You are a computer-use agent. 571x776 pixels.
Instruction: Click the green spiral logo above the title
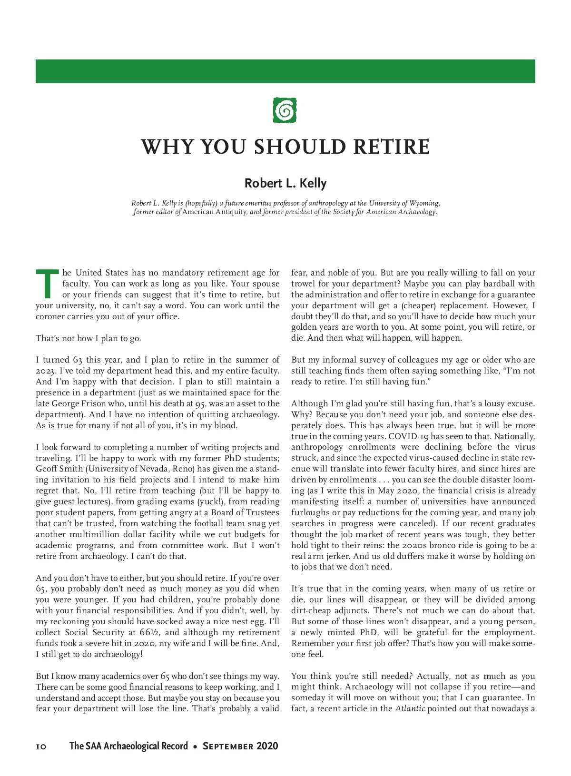point(285,110)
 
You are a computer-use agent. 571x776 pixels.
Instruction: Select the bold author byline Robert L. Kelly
point(285,183)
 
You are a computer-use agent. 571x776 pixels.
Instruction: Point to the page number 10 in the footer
point(41,747)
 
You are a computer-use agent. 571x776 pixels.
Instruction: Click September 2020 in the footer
point(240,747)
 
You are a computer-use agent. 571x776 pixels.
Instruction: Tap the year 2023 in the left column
point(46,371)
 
